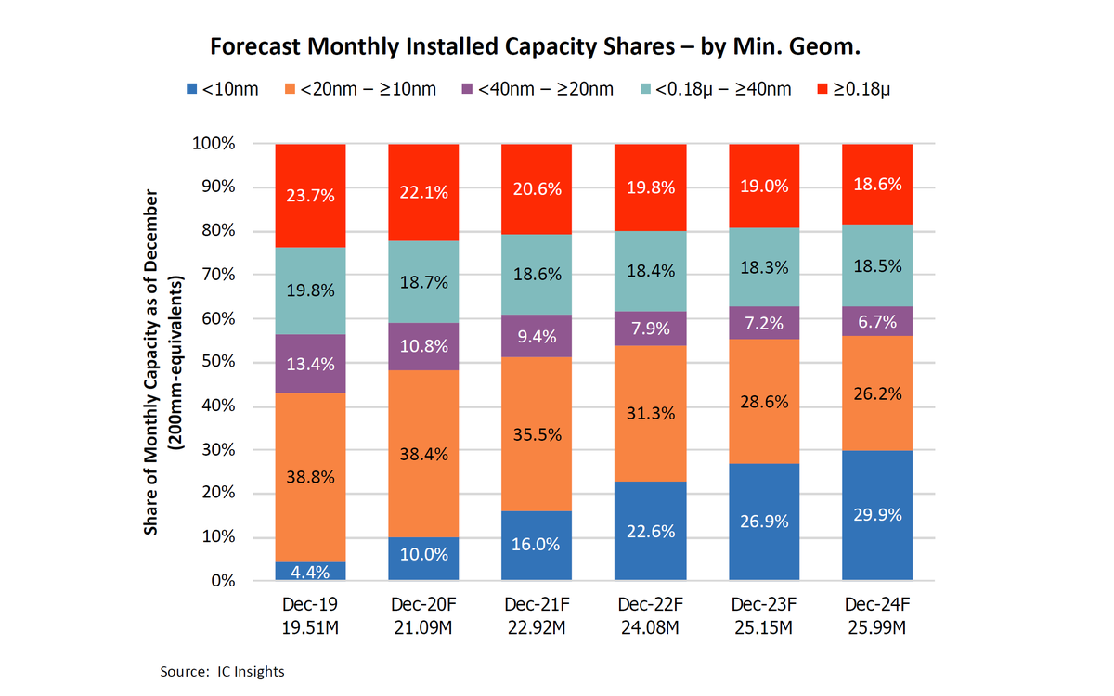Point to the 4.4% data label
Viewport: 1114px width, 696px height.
pyautogui.click(x=311, y=571)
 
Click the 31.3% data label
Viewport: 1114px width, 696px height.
pyautogui.click(x=650, y=414)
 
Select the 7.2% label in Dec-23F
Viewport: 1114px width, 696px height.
pyautogui.click(x=763, y=323)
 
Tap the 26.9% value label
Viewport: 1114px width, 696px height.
pyautogui.click(x=763, y=522)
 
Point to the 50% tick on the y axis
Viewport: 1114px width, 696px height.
pyautogui.click(x=217, y=362)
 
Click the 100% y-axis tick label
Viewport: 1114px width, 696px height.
pyautogui.click(x=214, y=144)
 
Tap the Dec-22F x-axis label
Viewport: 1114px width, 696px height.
pyautogui.click(x=650, y=604)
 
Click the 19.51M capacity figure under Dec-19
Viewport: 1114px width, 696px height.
pyautogui.click(x=311, y=627)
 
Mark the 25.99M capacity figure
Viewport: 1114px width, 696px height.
pyautogui.click(x=877, y=627)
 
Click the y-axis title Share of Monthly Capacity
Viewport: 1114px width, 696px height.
pyautogui.click(x=151, y=362)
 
